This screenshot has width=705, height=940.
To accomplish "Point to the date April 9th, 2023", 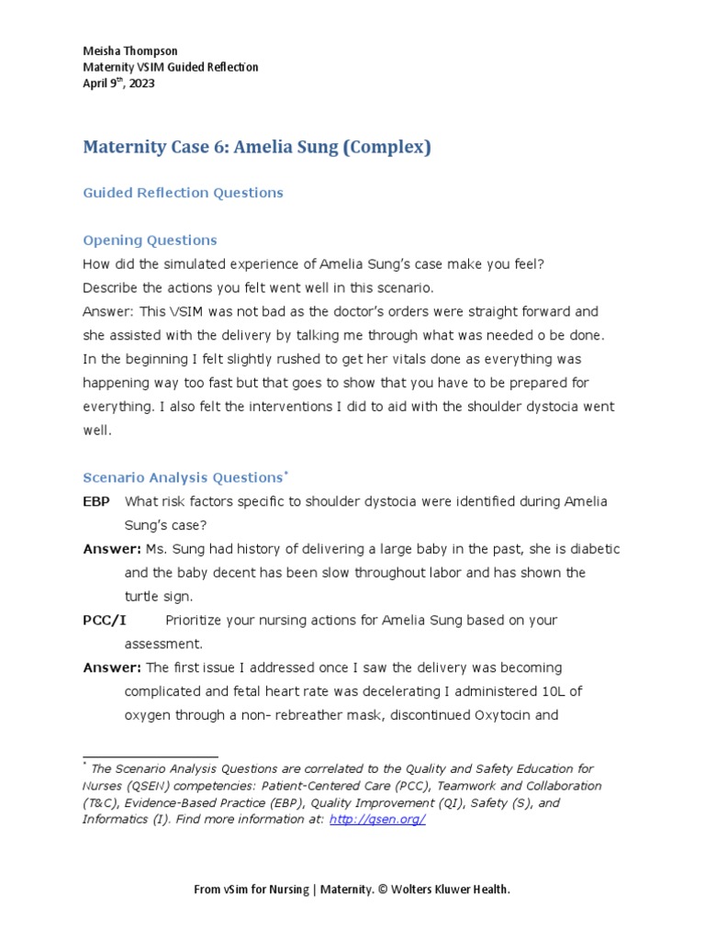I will (x=118, y=84).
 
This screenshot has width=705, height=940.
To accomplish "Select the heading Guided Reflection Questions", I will (x=183, y=193).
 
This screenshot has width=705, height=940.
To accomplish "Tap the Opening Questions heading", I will (x=150, y=241).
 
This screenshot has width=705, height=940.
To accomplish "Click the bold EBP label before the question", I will (x=97, y=501).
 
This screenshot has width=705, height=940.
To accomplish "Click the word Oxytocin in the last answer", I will (x=528, y=715).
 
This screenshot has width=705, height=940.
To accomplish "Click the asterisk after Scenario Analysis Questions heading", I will (x=286, y=473).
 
